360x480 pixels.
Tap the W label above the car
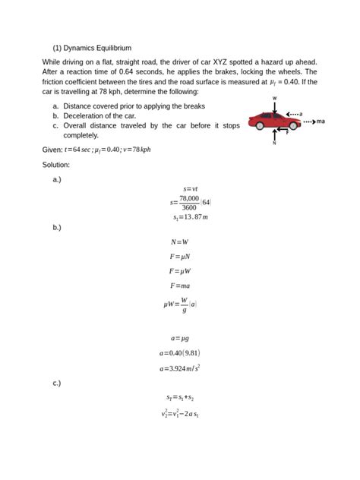274,98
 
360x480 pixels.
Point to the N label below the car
274,144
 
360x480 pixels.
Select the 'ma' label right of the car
321,120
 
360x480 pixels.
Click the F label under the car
286,133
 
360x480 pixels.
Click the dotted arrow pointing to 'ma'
306,120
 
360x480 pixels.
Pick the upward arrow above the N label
274,134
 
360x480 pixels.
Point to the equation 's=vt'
191,188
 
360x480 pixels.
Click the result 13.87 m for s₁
190,217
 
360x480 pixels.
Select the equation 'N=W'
179,242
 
